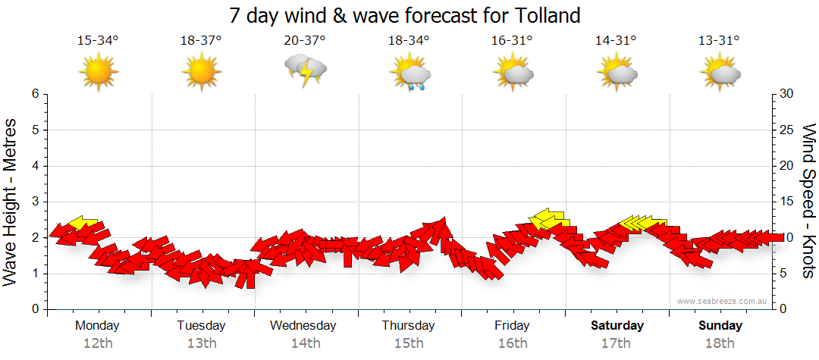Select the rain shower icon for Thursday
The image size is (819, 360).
coord(409,73)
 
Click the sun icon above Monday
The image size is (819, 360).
coord(98,73)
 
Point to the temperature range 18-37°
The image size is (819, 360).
coord(201,40)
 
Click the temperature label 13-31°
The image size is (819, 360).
coord(720,40)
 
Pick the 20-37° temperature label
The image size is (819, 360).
coord(305,40)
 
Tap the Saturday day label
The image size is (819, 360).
coord(617,326)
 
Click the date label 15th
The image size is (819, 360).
coord(409,343)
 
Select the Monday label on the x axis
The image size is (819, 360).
coord(97,326)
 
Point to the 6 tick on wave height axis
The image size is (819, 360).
coord(35,94)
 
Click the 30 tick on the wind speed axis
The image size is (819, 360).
coord(788,94)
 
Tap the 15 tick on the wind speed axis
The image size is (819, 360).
coord(788,202)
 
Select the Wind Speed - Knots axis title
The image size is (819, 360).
coord(808,202)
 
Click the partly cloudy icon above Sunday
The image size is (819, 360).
coord(720,73)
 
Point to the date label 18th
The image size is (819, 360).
coord(720,343)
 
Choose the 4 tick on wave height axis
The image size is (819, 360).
coord(35,166)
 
